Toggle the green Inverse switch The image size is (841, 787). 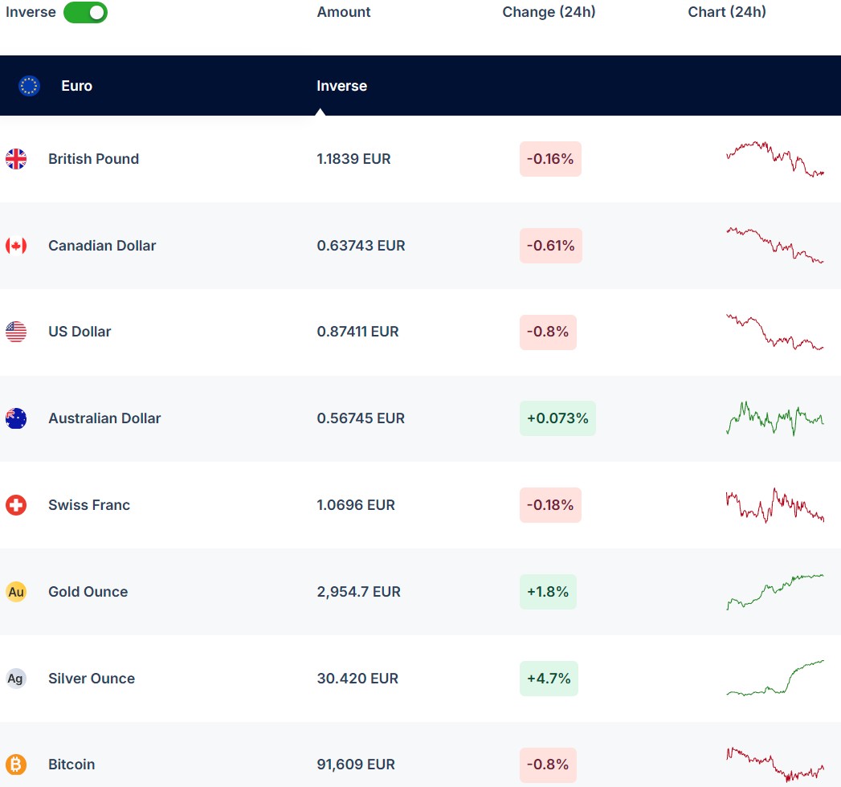pos(85,12)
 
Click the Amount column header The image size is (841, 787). pos(344,12)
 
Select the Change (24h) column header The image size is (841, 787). pos(549,12)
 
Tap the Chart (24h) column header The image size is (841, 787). pos(727,12)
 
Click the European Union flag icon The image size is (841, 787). pos(30,86)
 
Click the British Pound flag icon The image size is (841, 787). pos(16,159)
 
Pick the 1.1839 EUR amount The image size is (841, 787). pos(353,159)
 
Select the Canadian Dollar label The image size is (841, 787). pos(102,246)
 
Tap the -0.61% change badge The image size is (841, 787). pos(550,246)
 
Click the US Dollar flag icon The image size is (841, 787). pos(16,332)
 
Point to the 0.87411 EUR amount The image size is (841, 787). pos(357,332)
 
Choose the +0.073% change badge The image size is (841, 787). pos(557,418)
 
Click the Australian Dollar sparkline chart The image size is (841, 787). pos(775,418)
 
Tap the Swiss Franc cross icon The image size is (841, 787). pos(16,505)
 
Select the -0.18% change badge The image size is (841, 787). pos(550,505)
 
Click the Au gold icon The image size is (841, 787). pos(16,592)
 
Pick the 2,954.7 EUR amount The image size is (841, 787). pos(358,592)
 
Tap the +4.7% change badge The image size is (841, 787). pos(548,679)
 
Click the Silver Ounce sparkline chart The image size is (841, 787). pos(775,679)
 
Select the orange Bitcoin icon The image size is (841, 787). pos(16,765)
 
